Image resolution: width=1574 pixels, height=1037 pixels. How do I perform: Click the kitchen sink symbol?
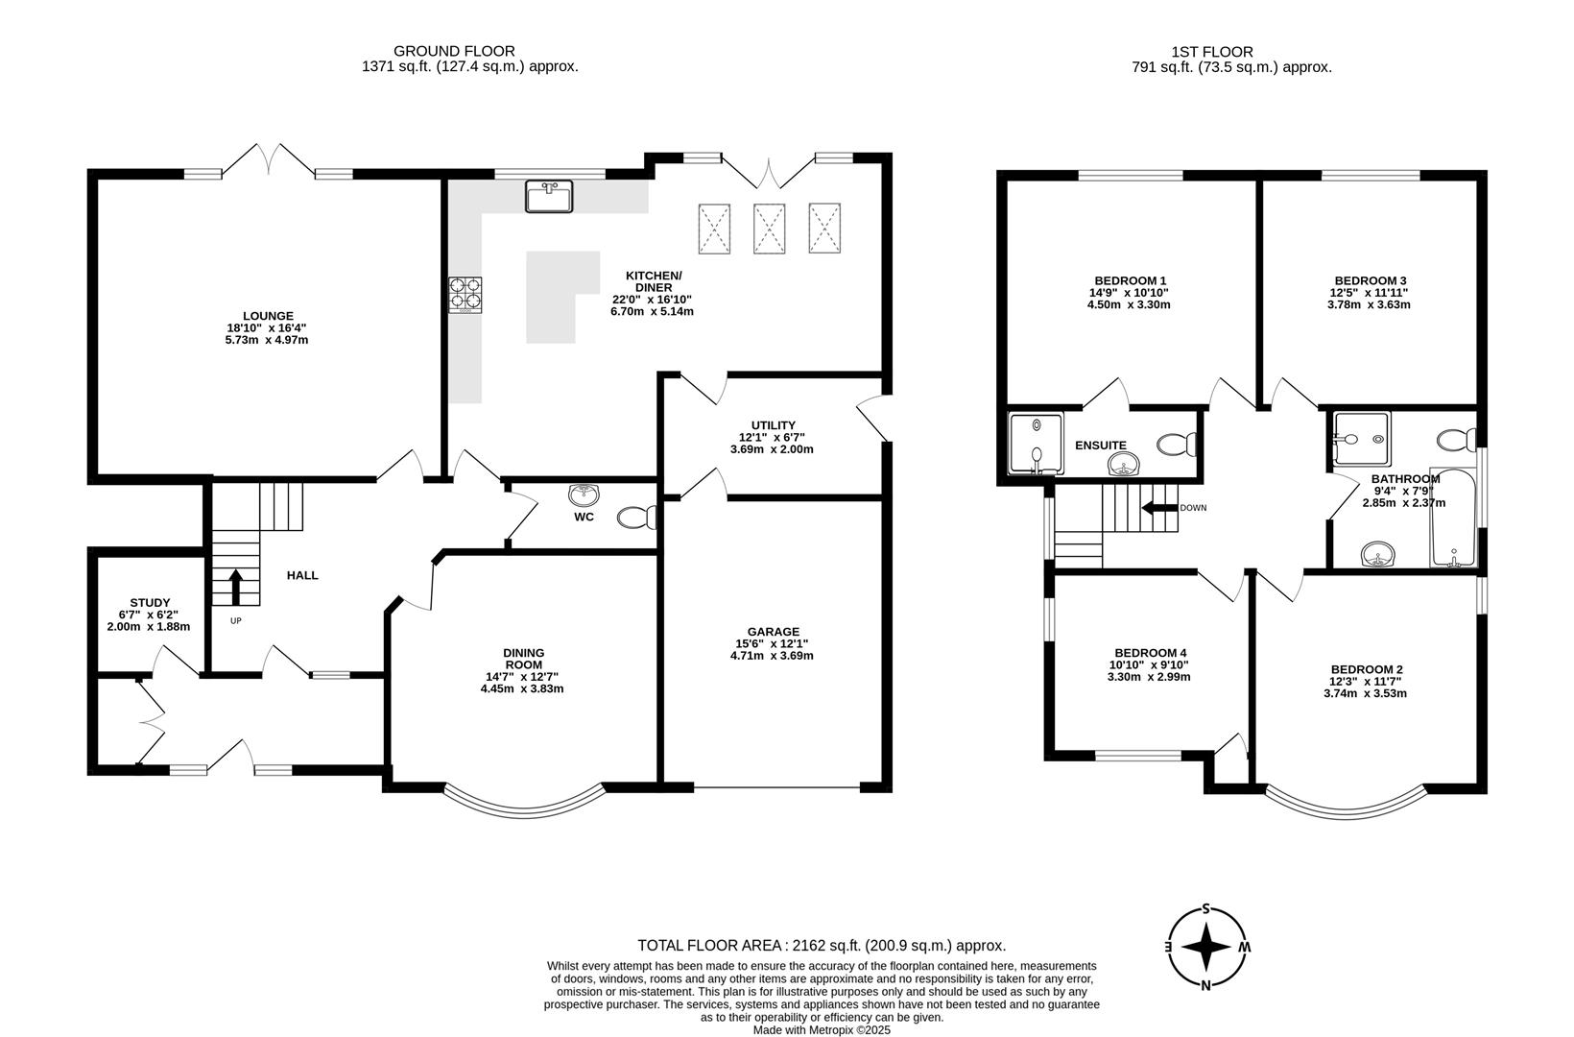coord(549,196)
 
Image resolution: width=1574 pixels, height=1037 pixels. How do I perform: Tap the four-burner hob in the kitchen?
coord(465,295)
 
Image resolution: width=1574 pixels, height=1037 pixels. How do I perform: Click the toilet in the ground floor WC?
coord(635,518)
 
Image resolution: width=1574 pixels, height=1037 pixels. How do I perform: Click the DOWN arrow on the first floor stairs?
coord(1158,508)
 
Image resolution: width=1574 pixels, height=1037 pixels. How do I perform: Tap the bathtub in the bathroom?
coord(1453,518)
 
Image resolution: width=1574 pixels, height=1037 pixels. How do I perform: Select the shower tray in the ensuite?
coord(1037,444)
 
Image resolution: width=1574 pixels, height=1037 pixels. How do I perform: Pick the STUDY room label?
coord(150,603)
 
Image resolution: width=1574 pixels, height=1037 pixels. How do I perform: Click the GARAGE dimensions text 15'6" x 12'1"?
coord(772,643)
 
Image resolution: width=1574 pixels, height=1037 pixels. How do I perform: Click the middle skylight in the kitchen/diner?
coord(770,229)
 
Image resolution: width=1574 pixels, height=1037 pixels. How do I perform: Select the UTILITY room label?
coord(773,425)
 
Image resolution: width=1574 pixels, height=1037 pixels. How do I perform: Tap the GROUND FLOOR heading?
coord(454,51)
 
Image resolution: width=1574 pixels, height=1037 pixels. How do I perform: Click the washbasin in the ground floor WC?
coord(584,495)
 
